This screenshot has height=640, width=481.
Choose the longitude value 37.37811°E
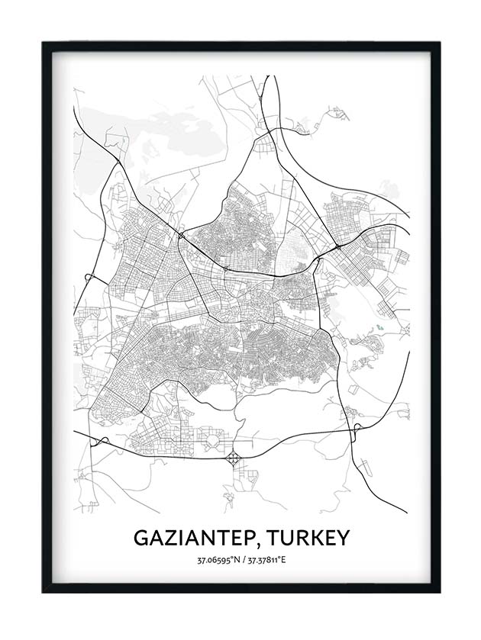click(x=264, y=561)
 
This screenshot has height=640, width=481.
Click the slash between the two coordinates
click(x=240, y=561)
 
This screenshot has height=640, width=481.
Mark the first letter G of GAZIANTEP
click(x=142, y=538)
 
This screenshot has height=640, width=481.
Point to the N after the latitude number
click(x=234, y=561)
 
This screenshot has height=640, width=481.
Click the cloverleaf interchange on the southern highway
click(x=233, y=458)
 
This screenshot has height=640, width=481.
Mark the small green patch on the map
click(x=379, y=329)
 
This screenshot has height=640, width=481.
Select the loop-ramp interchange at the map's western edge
click(x=89, y=278)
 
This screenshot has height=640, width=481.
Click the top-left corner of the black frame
click(x=44, y=43)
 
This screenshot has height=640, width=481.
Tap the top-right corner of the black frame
click(x=438, y=43)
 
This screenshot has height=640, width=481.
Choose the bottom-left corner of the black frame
click(x=44, y=590)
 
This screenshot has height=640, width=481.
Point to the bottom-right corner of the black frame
click(x=438, y=590)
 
